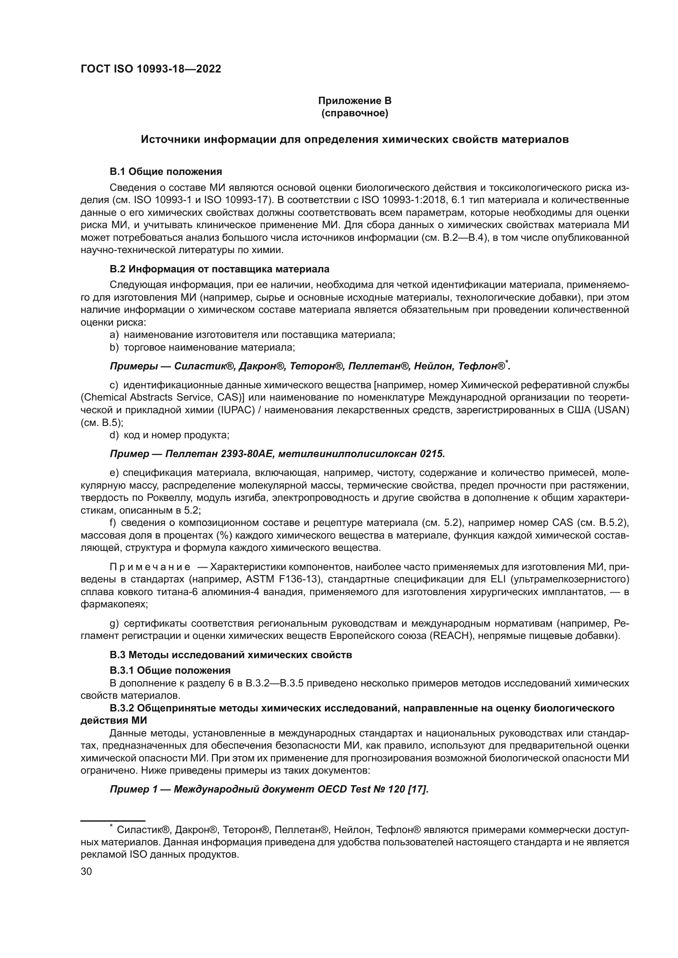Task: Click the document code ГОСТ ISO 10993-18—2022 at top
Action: tap(151, 69)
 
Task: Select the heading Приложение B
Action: tap(355, 101)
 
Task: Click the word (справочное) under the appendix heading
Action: tap(355, 113)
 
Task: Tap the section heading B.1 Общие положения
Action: tap(166, 172)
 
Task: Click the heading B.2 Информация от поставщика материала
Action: tap(219, 269)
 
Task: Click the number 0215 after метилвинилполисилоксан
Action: tap(432, 453)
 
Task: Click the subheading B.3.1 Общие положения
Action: tap(170, 670)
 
